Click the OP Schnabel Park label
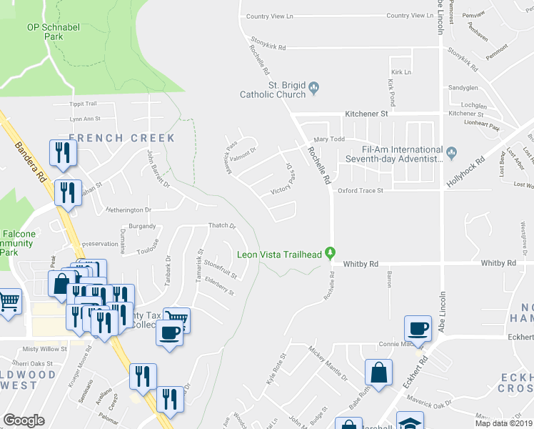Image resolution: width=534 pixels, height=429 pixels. [54, 31]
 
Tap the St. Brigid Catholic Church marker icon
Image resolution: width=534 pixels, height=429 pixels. [315, 89]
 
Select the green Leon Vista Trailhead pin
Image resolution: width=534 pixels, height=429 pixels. [330, 252]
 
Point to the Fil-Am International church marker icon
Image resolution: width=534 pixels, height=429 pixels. [451, 152]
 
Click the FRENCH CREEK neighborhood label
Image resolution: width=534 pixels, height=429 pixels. [121, 137]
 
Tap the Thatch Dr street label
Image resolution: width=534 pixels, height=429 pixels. [221, 226]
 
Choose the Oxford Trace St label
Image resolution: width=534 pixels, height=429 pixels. [361, 191]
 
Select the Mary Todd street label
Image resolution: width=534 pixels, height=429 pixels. [329, 139]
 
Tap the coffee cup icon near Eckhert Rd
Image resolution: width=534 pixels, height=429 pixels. [418, 329]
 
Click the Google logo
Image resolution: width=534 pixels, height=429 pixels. [24, 420]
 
